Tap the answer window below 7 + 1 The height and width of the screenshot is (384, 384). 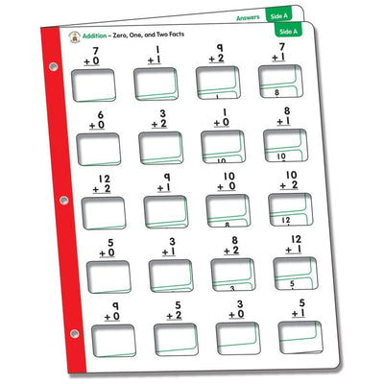tap(279, 84)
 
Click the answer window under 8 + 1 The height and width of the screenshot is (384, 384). tap(281, 144)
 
